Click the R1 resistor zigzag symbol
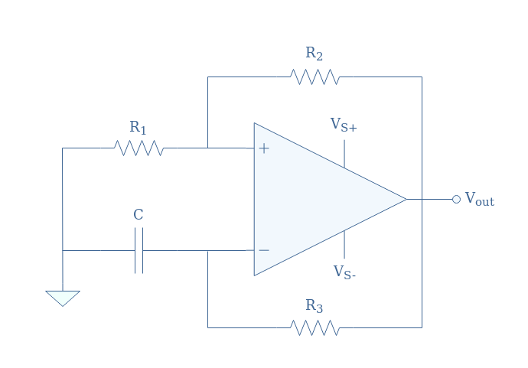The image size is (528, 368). click(139, 148)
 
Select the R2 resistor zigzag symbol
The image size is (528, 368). click(315, 77)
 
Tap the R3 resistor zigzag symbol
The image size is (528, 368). click(315, 327)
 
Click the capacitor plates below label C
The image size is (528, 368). click(139, 250)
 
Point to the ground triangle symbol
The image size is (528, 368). click(63, 298)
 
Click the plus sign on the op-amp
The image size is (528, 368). click(264, 148)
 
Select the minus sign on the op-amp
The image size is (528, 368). click(264, 250)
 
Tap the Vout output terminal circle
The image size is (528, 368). click(456, 200)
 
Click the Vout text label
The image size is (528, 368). click(480, 199)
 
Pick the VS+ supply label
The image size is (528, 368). click(344, 125)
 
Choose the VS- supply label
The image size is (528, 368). click(344, 272)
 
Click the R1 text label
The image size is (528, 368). click(138, 128)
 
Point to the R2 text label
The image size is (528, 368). click(315, 54)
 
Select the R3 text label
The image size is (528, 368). click(315, 306)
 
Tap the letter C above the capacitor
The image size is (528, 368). click(139, 214)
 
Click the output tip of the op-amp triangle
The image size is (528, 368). click(406, 200)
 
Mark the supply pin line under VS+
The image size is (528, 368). click(344, 154)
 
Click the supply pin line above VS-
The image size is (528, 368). click(344, 245)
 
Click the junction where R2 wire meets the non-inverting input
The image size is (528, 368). click(208, 148)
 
